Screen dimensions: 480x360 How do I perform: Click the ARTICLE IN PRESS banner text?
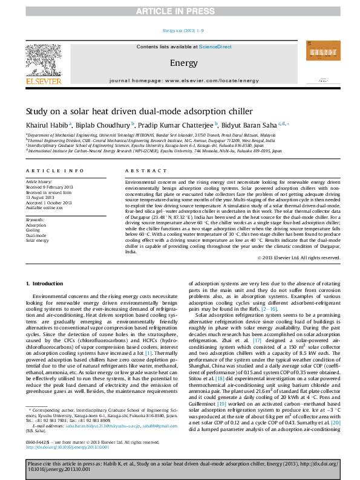pyautogui.click(x=180, y=11)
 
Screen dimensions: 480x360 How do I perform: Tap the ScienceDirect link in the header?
pyautogui.click(x=216, y=47)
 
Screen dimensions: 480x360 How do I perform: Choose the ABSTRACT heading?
pyautogui.click(x=140, y=172)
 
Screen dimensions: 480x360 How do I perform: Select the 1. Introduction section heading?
pyautogui.click(x=46, y=284)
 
